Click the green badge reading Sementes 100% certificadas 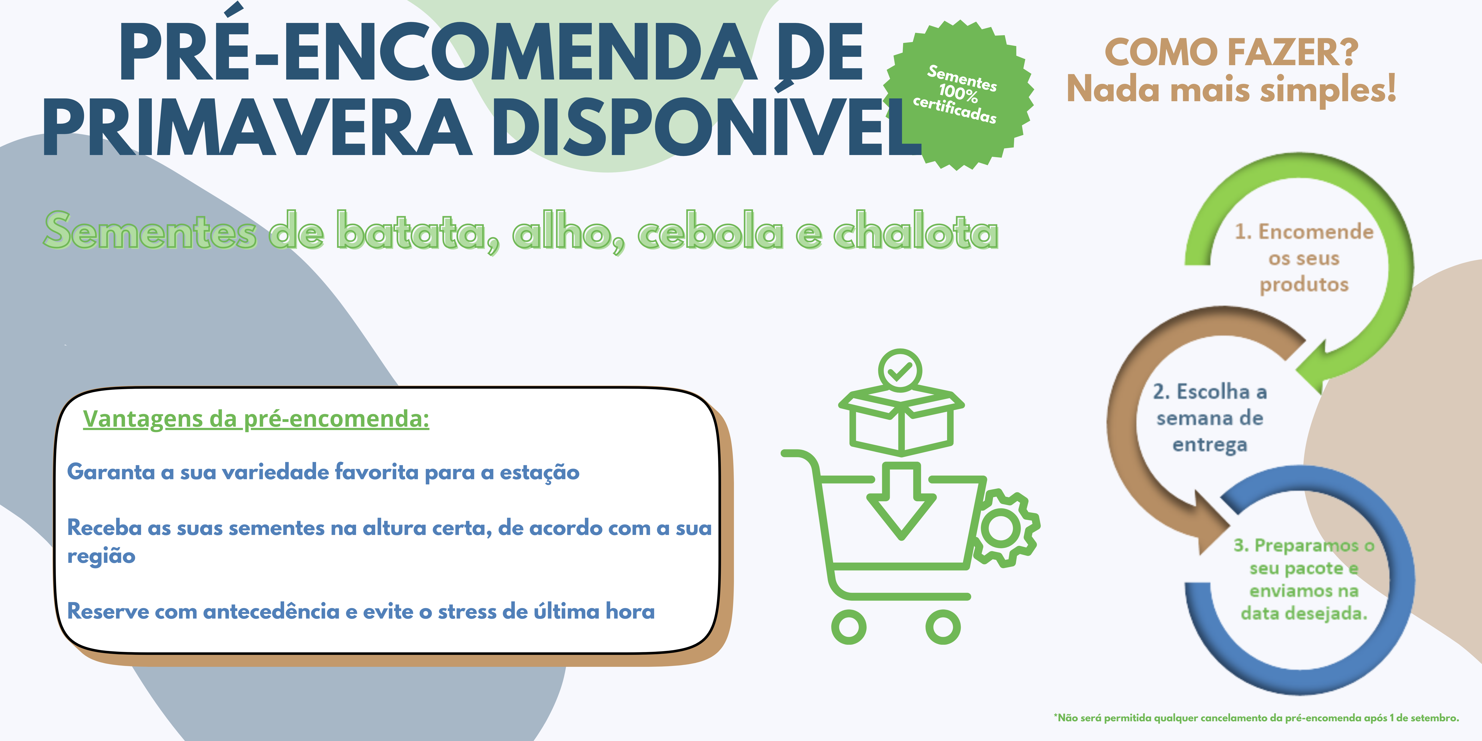(x=958, y=95)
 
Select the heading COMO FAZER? (x=1231, y=53)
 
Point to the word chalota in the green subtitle (x=916, y=231)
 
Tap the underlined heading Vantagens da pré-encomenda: (x=256, y=419)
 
